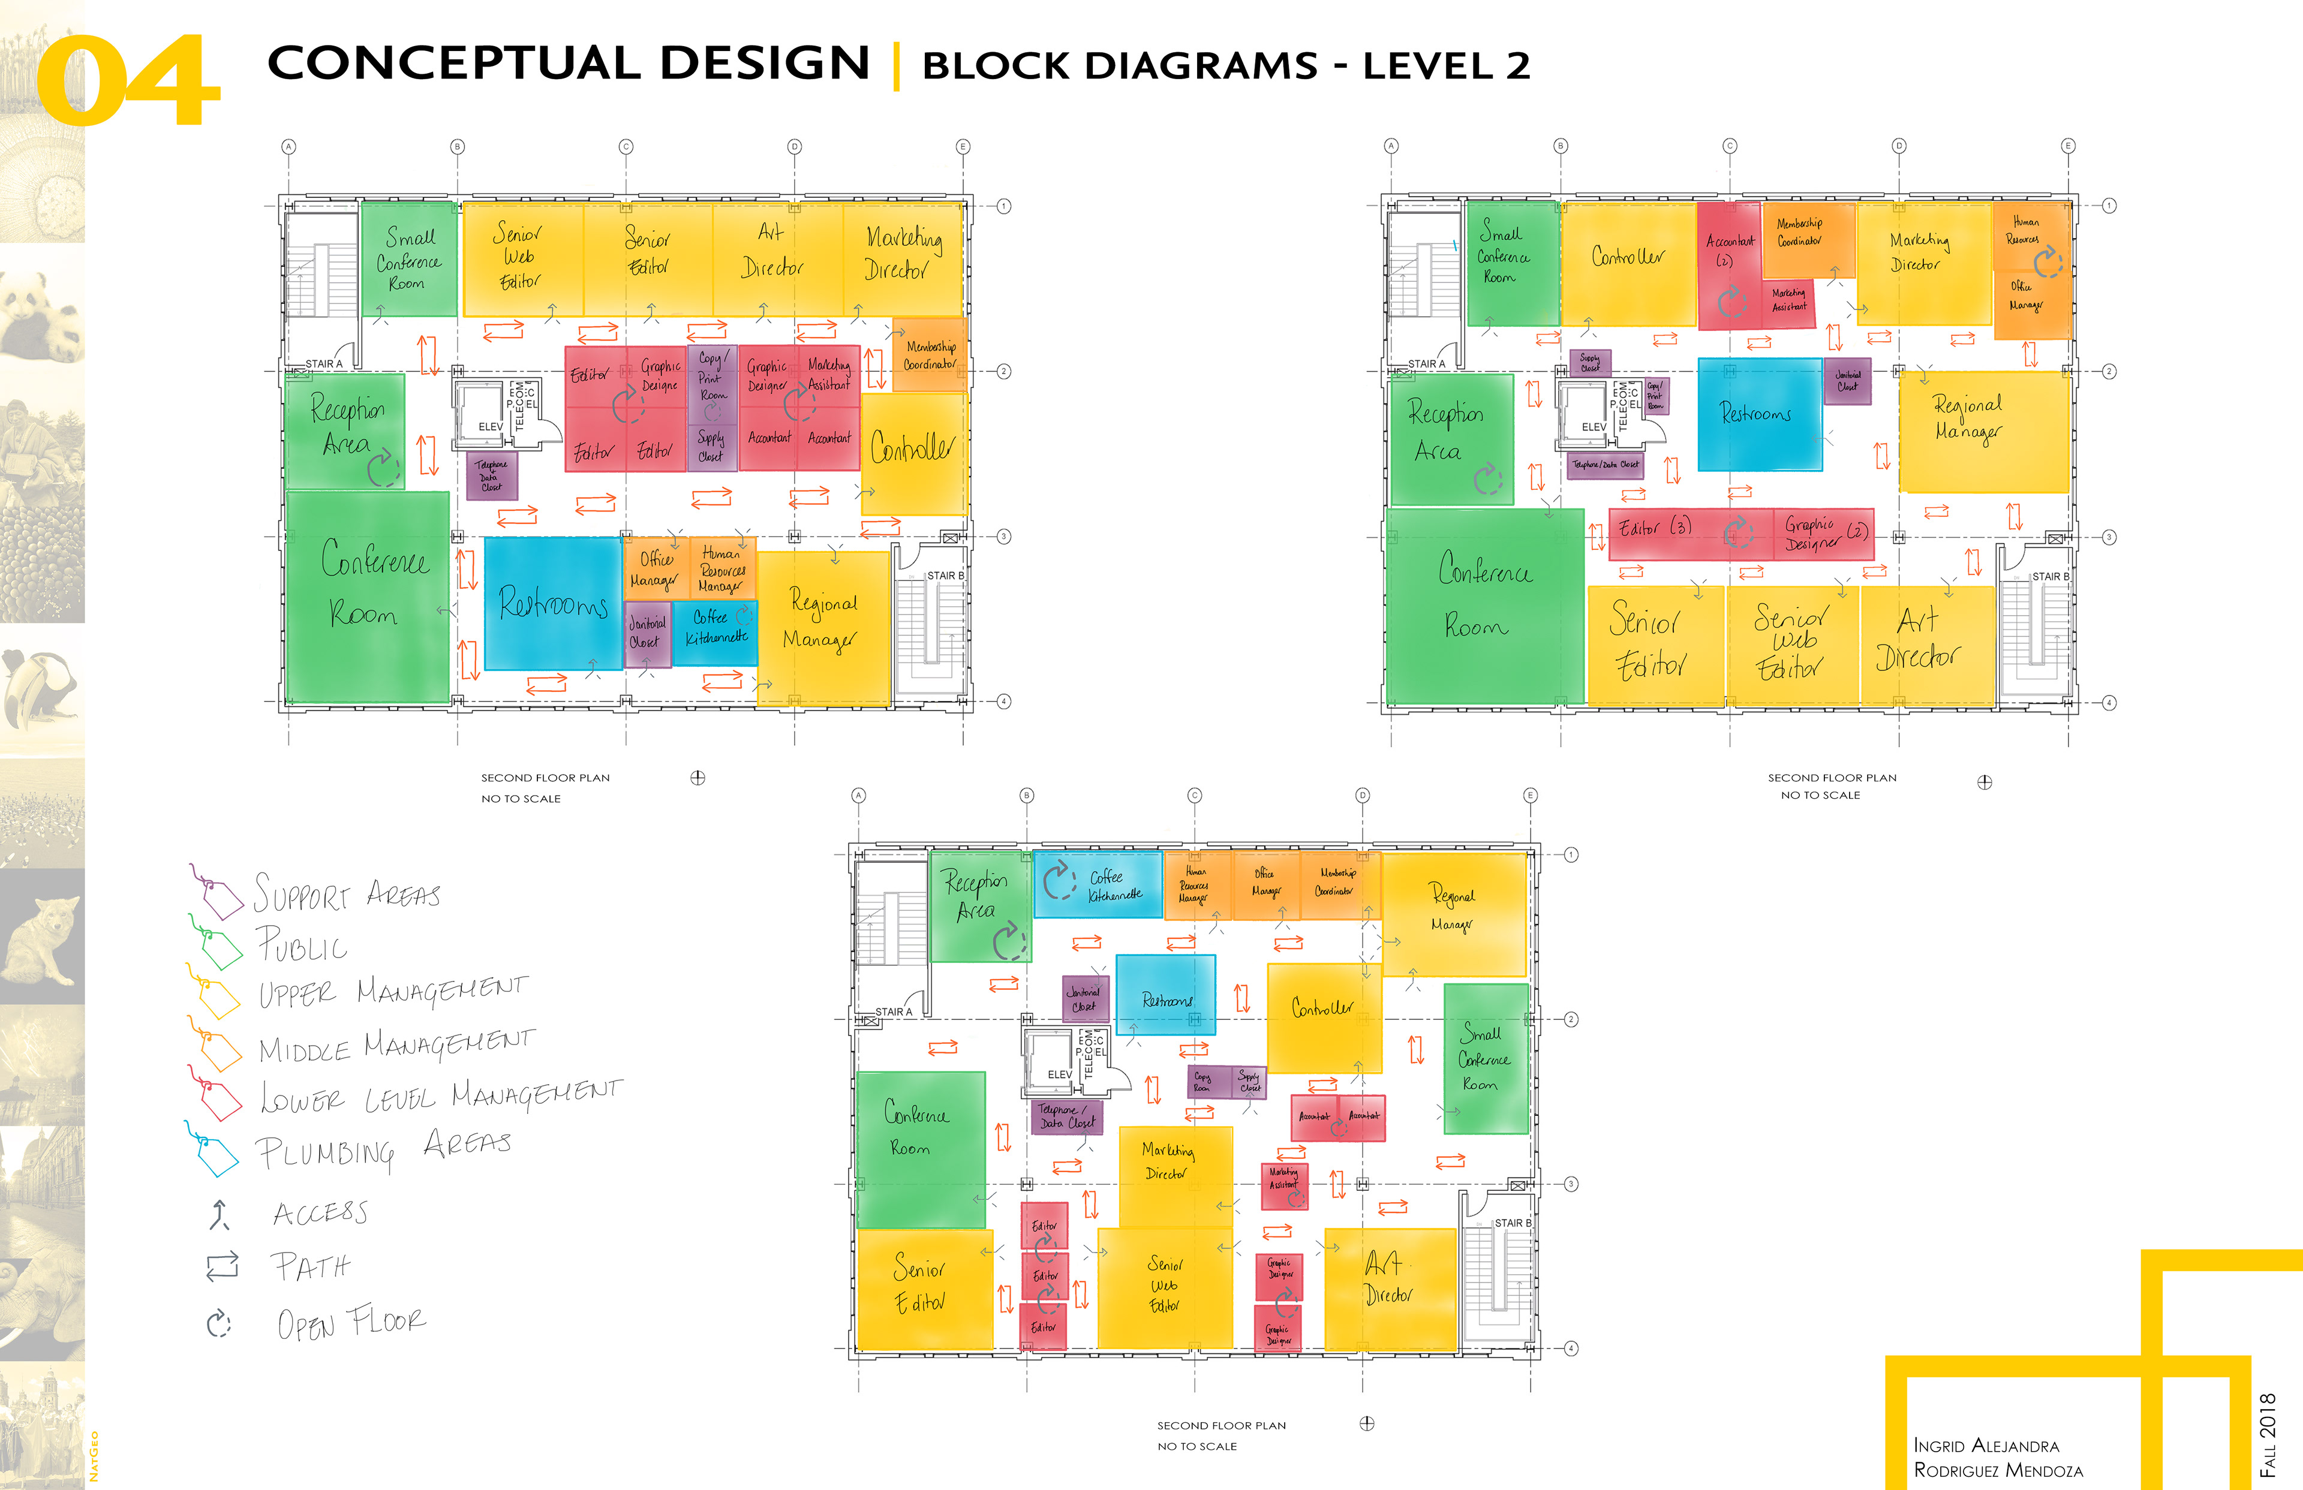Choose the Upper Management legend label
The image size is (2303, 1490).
pyautogui.click(x=392, y=992)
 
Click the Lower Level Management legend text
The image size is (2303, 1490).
pyautogui.click(x=440, y=1096)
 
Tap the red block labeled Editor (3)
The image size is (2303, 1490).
pyautogui.click(x=1655, y=529)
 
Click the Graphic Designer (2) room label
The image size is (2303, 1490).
pyautogui.click(x=1824, y=533)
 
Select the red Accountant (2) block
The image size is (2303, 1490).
pyautogui.click(x=1728, y=261)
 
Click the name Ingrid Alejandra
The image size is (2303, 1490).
pyautogui.click(x=1986, y=1446)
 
